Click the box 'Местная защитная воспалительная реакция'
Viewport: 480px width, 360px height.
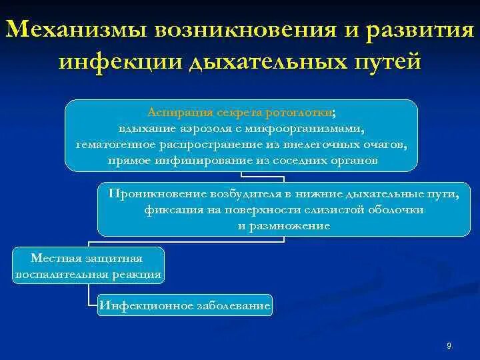click(87, 265)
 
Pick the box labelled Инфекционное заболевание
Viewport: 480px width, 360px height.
click(185, 306)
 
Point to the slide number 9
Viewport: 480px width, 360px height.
click(449, 345)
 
